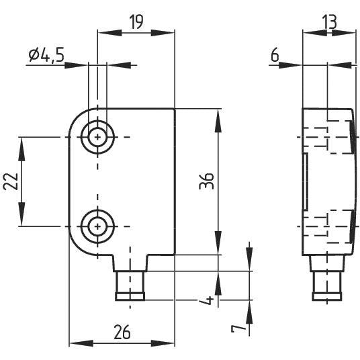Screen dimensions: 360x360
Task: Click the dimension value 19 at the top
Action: tap(136, 22)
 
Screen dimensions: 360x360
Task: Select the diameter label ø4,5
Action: tap(46, 56)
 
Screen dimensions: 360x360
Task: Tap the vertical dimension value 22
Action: tap(9, 181)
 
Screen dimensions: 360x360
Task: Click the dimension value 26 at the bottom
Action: tap(122, 332)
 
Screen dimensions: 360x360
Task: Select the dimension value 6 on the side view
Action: tap(275, 56)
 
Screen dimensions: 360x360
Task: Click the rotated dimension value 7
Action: tap(236, 330)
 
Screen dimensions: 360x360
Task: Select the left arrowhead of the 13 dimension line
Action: tap(307, 31)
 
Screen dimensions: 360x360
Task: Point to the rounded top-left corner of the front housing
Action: tap(76, 117)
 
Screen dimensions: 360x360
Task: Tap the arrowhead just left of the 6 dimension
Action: tap(296, 65)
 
